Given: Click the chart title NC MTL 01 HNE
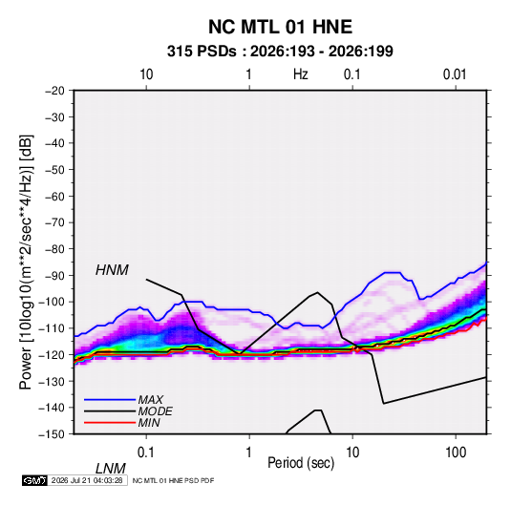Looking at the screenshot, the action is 280,27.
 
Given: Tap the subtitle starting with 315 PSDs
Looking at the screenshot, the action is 280,52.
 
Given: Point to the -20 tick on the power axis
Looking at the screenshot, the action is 54,91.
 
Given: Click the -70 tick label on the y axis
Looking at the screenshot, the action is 54,222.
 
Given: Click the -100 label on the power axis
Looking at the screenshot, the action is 52,302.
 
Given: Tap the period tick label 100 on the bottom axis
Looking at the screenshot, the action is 456,452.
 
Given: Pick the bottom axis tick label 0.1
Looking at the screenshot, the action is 146,452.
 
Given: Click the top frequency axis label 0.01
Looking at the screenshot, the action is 455,74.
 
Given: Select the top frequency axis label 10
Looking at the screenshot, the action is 146,74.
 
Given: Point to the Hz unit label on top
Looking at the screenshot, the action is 301,74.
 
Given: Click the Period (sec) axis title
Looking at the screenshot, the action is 301,463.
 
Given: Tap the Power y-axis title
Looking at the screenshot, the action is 26,263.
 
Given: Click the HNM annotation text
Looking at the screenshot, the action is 112,270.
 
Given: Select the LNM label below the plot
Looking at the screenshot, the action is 111,469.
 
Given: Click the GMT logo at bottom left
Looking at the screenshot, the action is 35,480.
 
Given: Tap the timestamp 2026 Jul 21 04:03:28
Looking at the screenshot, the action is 87,480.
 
